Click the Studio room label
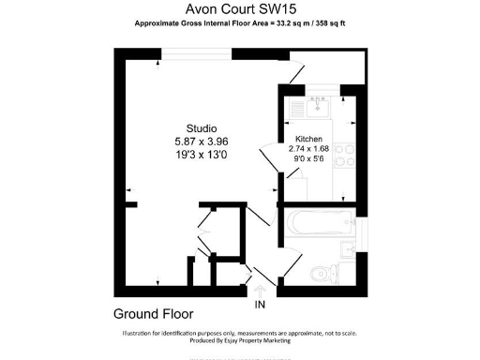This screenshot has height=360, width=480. pos(201,128)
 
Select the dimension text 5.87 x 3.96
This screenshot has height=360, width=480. pos(201,141)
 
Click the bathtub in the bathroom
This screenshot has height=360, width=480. pos(320,225)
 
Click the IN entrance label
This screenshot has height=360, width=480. pos(259,305)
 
